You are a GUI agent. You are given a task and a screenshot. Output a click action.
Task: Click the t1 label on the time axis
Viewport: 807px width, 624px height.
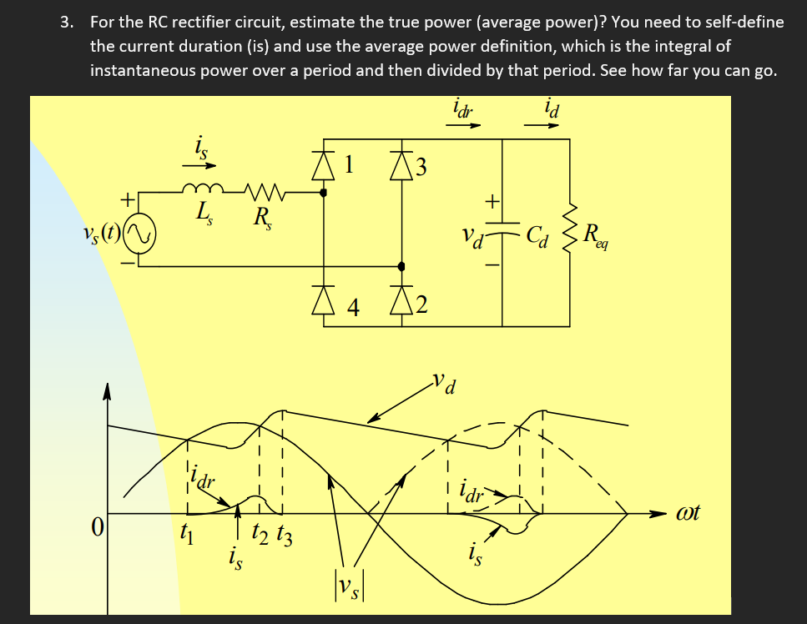coord(188,531)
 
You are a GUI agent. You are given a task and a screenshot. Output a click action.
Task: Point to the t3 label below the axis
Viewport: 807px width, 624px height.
coord(284,534)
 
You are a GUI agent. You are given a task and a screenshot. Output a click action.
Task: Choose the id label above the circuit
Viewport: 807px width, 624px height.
coord(550,108)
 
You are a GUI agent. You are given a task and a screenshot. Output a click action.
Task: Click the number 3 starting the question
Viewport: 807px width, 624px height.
coord(66,23)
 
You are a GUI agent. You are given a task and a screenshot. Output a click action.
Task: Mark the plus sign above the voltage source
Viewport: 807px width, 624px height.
coord(128,200)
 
